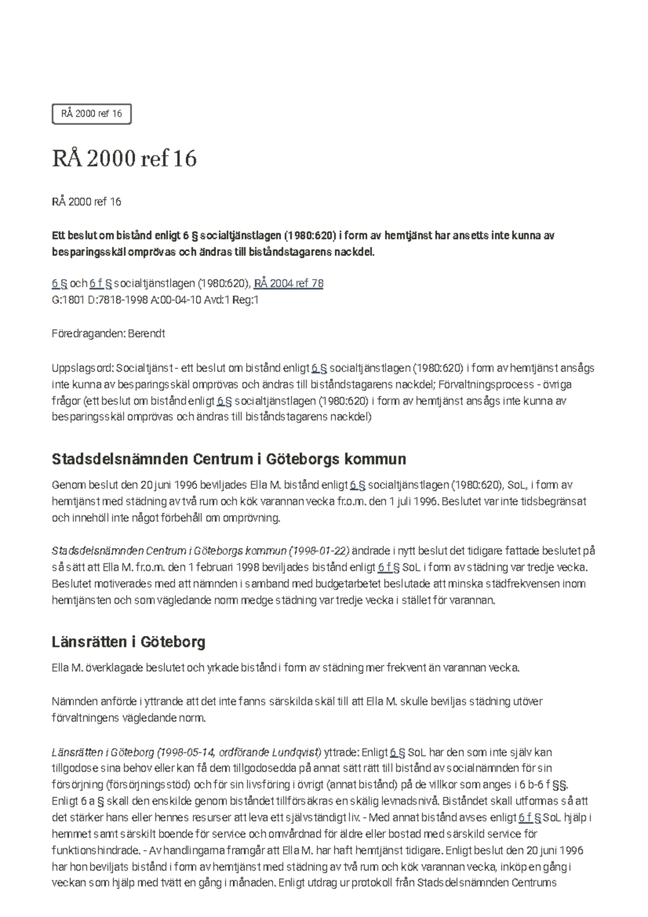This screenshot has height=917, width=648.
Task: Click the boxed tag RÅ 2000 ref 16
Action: (x=91, y=114)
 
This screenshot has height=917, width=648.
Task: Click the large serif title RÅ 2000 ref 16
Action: (x=124, y=159)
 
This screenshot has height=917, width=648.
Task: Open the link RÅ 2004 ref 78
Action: (x=288, y=284)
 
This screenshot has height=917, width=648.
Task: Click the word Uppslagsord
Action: (x=82, y=368)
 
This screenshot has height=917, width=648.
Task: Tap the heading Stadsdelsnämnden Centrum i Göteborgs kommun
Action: (x=228, y=459)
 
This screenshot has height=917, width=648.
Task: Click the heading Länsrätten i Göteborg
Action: (x=129, y=642)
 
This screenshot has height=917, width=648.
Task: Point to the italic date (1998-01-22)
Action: (x=319, y=551)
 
